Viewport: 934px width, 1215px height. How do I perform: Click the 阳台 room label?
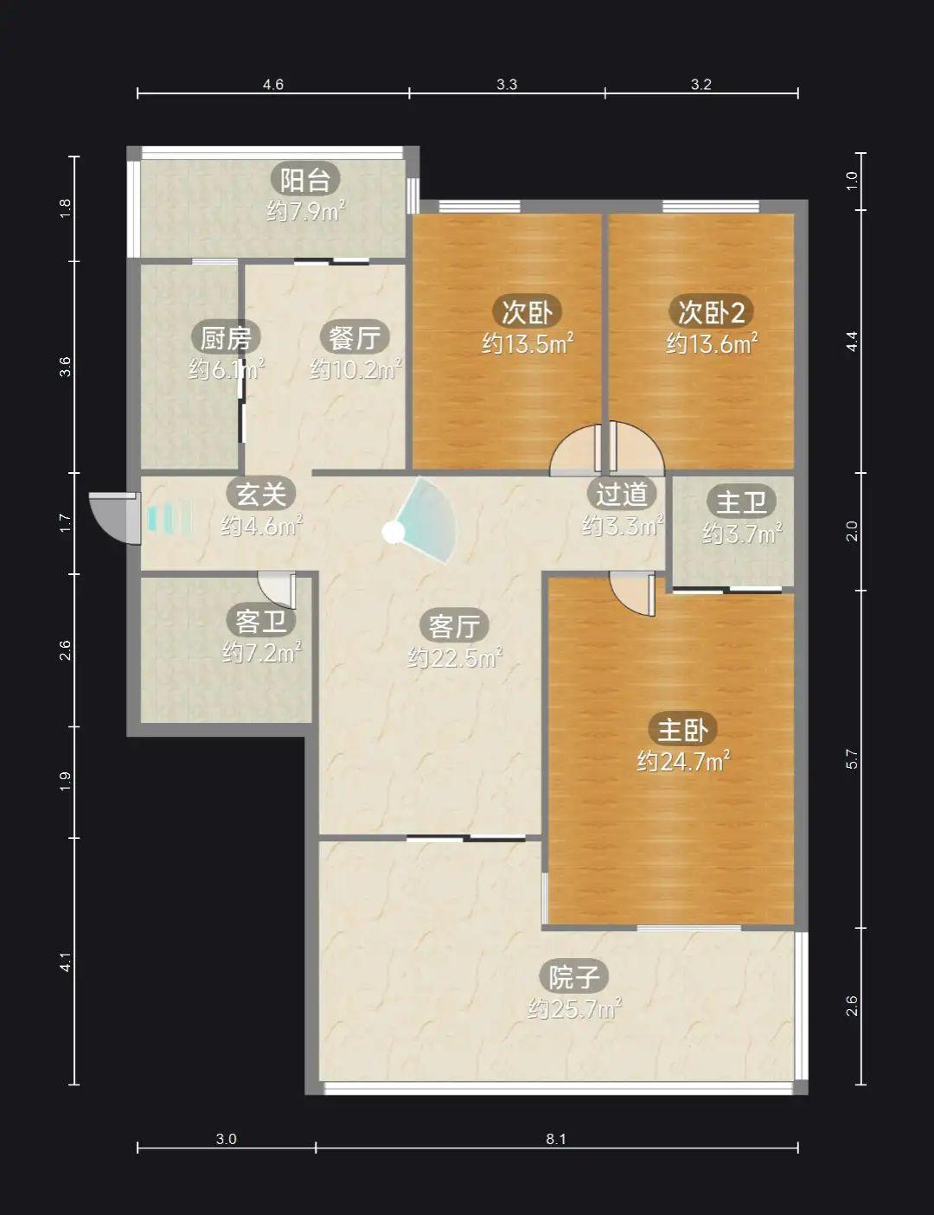pyautogui.click(x=305, y=180)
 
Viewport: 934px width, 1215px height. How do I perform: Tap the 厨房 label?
pyautogui.click(x=226, y=338)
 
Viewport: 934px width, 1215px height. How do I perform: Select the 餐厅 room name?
pyautogui.click(x=355, y=338)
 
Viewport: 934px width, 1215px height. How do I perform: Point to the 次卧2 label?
pyautogui.click(x=711, y=312)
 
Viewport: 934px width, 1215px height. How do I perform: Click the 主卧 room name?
pyautogui.click(x=682, y=730)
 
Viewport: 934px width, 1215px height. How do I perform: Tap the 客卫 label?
pyautogui.click(x=260, y=621)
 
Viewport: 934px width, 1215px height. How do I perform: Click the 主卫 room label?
pyautogui.click(x=741, y=502)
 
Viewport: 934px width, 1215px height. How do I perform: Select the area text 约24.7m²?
pyautogui.click(x=683, y=762)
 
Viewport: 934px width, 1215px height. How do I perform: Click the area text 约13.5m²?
pyautogui.click(x=528, y=343)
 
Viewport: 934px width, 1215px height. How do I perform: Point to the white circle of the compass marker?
pyautogui.click(x=393, y=533)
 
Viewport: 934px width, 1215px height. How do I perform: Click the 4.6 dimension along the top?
pyautogui.click(x=272, y=85)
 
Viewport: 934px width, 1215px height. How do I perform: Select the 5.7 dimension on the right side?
pyautogui.click(x=851, y=758)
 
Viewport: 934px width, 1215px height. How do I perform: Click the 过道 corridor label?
pyautogui.click(x=621, y=494)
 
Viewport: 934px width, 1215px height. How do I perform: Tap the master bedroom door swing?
pyautogui.click(x=633, y=594)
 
